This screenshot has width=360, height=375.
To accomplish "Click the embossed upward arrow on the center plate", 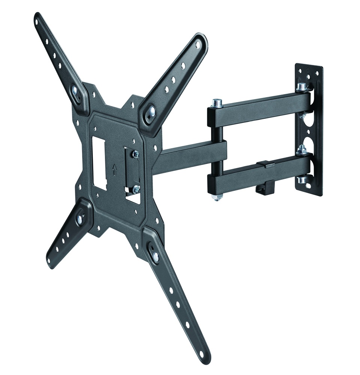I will (x=115, y=170).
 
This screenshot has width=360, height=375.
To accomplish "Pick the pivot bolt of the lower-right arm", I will (x=154, y=256).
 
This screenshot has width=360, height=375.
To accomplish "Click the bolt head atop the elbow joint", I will (x=217, y=103).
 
